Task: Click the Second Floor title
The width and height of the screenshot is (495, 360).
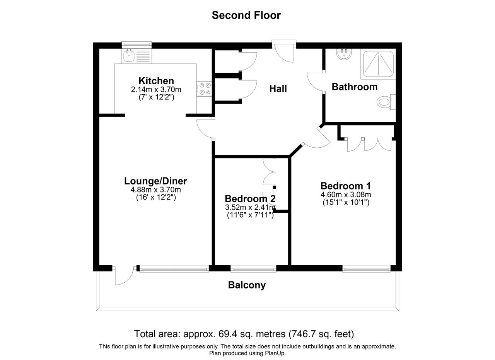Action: pos(246,15)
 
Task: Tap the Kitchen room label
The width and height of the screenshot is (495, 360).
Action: pos(156,81)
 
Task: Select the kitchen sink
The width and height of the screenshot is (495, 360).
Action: pos(129,56)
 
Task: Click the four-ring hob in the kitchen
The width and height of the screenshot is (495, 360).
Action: pos(204,89)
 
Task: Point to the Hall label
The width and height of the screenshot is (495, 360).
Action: pos(278,89)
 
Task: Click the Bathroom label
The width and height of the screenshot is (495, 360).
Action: pos(355,87)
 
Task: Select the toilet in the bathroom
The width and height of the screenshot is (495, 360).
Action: pos(386,102)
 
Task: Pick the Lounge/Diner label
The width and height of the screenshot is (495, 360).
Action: pos(155,181)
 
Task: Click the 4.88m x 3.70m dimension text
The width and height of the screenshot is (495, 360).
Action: pos(155,189)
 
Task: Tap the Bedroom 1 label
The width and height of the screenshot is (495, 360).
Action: pos(346,186)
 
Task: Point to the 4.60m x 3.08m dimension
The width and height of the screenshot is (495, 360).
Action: pos(346,195)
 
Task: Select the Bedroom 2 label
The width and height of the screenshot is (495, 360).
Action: pos(250,199)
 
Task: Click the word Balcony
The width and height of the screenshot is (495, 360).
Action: pos(247,285)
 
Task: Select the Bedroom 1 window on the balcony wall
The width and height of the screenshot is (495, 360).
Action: pos(367,269)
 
